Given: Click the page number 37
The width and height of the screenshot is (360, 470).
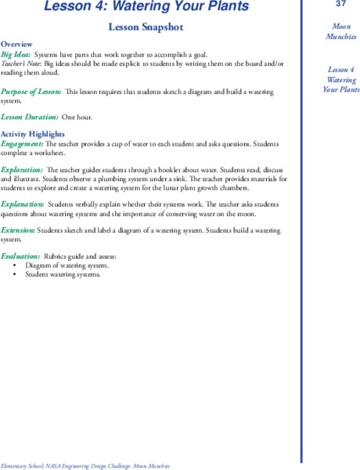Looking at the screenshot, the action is pos(329,5).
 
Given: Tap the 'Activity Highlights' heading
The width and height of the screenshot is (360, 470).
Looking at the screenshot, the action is pos(32,134).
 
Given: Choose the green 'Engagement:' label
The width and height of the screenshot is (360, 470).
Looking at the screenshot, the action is pos(22,144).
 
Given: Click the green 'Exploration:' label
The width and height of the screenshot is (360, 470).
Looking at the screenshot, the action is pos(22,169).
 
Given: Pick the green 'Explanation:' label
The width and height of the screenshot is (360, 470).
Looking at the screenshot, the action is pos(22,203).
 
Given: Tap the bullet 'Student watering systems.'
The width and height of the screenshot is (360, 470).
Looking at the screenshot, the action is pos(63,274).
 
